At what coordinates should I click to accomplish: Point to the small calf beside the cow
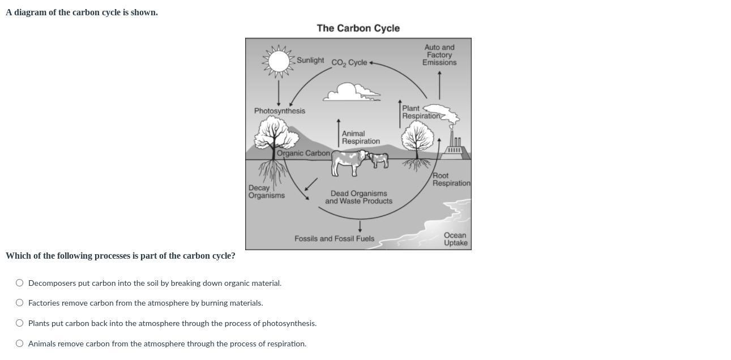click(379, 160)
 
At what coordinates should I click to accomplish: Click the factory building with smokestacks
click(455, 148)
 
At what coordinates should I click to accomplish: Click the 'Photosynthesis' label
click(279, 111)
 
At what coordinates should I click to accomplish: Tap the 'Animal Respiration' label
click(361, 138)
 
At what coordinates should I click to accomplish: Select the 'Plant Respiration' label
click(420, 112)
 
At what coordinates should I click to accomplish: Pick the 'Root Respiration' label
click(451, 179)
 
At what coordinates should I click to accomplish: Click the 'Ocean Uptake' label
click(455, 239)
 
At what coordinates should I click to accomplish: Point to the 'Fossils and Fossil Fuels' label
click(334, 239)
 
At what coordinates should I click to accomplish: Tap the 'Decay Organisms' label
click(266, 192)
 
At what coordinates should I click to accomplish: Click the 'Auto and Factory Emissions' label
click(439, 55)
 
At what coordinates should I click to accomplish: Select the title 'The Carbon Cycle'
click(358, 28)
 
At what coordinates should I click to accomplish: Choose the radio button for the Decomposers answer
click(20, 283)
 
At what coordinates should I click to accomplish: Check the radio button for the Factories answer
click(20, 303)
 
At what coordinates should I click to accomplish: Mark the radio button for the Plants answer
click(20, 323)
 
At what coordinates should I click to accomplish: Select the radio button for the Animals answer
click(20, 344)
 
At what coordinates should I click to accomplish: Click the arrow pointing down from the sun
click(278, 93)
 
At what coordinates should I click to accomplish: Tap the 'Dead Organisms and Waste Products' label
click(358, 198)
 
